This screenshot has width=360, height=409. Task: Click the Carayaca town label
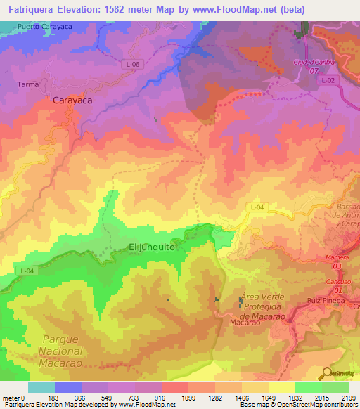[73, 100]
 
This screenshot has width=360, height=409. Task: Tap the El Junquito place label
[151, 247]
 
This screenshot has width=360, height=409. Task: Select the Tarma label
[27, 84]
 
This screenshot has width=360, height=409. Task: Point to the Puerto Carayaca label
[46, 26]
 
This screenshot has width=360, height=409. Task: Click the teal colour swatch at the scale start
[41, 387]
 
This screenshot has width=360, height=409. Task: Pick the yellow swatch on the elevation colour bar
[281, 387]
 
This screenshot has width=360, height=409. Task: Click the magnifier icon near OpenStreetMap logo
[324, 374]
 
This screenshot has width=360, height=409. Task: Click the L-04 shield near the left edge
[27, 271]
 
